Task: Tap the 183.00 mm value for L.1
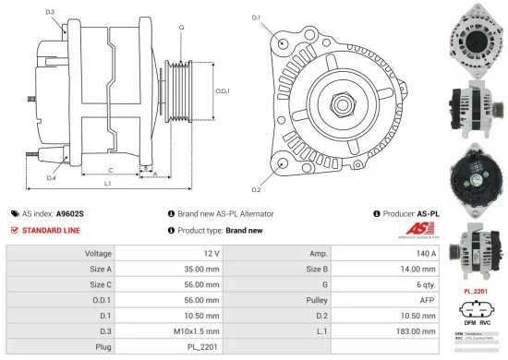(394, 330)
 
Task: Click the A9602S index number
(69, 212)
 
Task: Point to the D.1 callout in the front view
(256, 18)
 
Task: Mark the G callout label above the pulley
(181, 28)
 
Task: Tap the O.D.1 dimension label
(223, 90)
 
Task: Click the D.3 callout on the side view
(49, 12)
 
